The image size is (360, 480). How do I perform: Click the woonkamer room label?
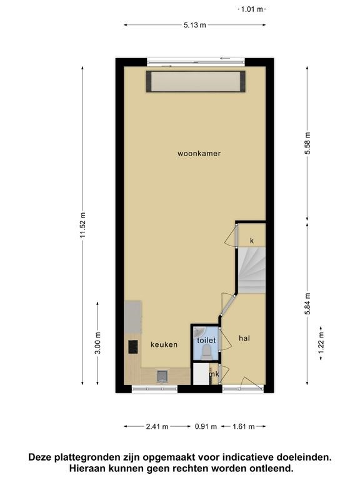(199, 153)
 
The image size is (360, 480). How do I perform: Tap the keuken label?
(164, 344)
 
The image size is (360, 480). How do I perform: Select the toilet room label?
(206, 340)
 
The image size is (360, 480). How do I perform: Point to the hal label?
(244, 338)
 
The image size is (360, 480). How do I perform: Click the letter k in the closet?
(252, 241)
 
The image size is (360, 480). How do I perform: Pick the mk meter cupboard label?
(214, 374)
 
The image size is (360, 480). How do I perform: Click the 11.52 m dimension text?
(82, 225)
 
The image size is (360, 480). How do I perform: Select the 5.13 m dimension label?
(195, 25)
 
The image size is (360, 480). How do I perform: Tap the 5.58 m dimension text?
(307, 143)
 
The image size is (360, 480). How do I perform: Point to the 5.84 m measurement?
(307, 304)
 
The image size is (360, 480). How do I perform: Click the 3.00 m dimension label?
(97, 343)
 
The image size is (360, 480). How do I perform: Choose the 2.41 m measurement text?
(157, 426)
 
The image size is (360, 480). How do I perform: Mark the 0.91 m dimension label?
(206, 426)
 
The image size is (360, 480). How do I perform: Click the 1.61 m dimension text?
(244, 426)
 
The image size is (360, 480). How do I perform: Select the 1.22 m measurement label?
(321, 343)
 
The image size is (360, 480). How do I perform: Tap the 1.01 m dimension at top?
(252, 9)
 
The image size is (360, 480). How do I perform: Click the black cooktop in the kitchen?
(133, 347)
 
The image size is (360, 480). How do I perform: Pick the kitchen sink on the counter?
(162, 376)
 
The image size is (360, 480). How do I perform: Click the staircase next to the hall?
(252, 270)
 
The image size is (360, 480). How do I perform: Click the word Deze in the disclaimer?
(40, 457)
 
